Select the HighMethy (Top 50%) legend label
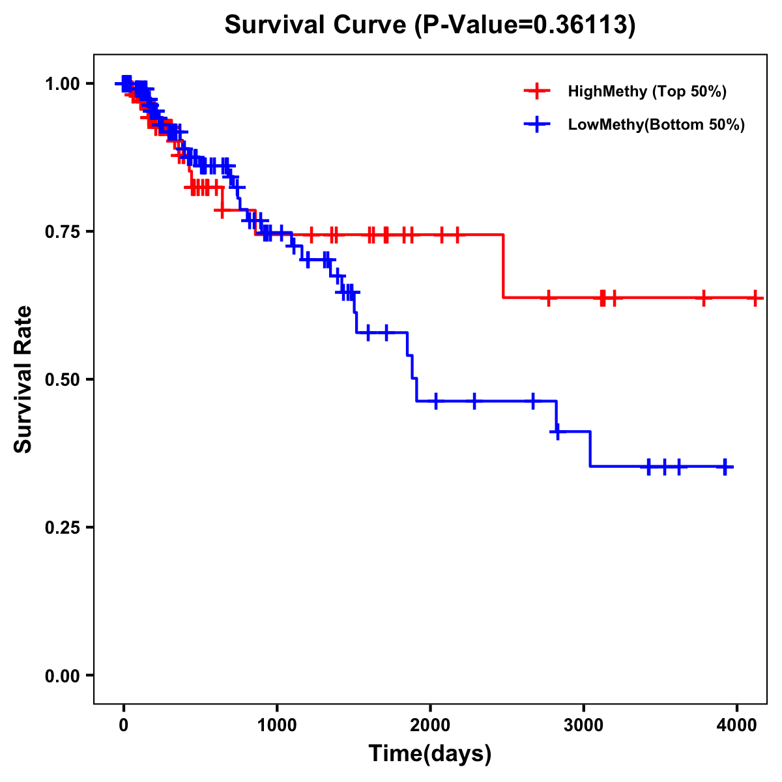pyautogui.click(x=646, y=91)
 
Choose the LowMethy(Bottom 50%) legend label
pyautogui.click(x=656, y=125)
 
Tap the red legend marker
pyautogui.click(x=537, y=91)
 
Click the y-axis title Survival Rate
pyautogui.click(x=23, y=379)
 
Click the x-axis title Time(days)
pyautogui.click(x=430, y=753)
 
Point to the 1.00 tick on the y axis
pyautogui.click(x=62, y=84)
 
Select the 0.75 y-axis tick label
pyautogui.click(x=62, y=232)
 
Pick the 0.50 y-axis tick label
pyautogui.click(x=62, y=380)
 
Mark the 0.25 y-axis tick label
pyautogui.click(x=62, y=528)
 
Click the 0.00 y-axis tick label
pyautogui.click(x=62, y=676)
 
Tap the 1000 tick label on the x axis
pyautogui.click(x=277, y=723)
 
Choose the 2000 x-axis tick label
pyautogui.click(x=430, y=723)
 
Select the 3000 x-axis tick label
pyautogui.click(x=583, y=723)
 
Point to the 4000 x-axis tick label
pyautogui.click(x=736, y=723)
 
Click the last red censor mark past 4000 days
pyautogui.click(x=755, y=298)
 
